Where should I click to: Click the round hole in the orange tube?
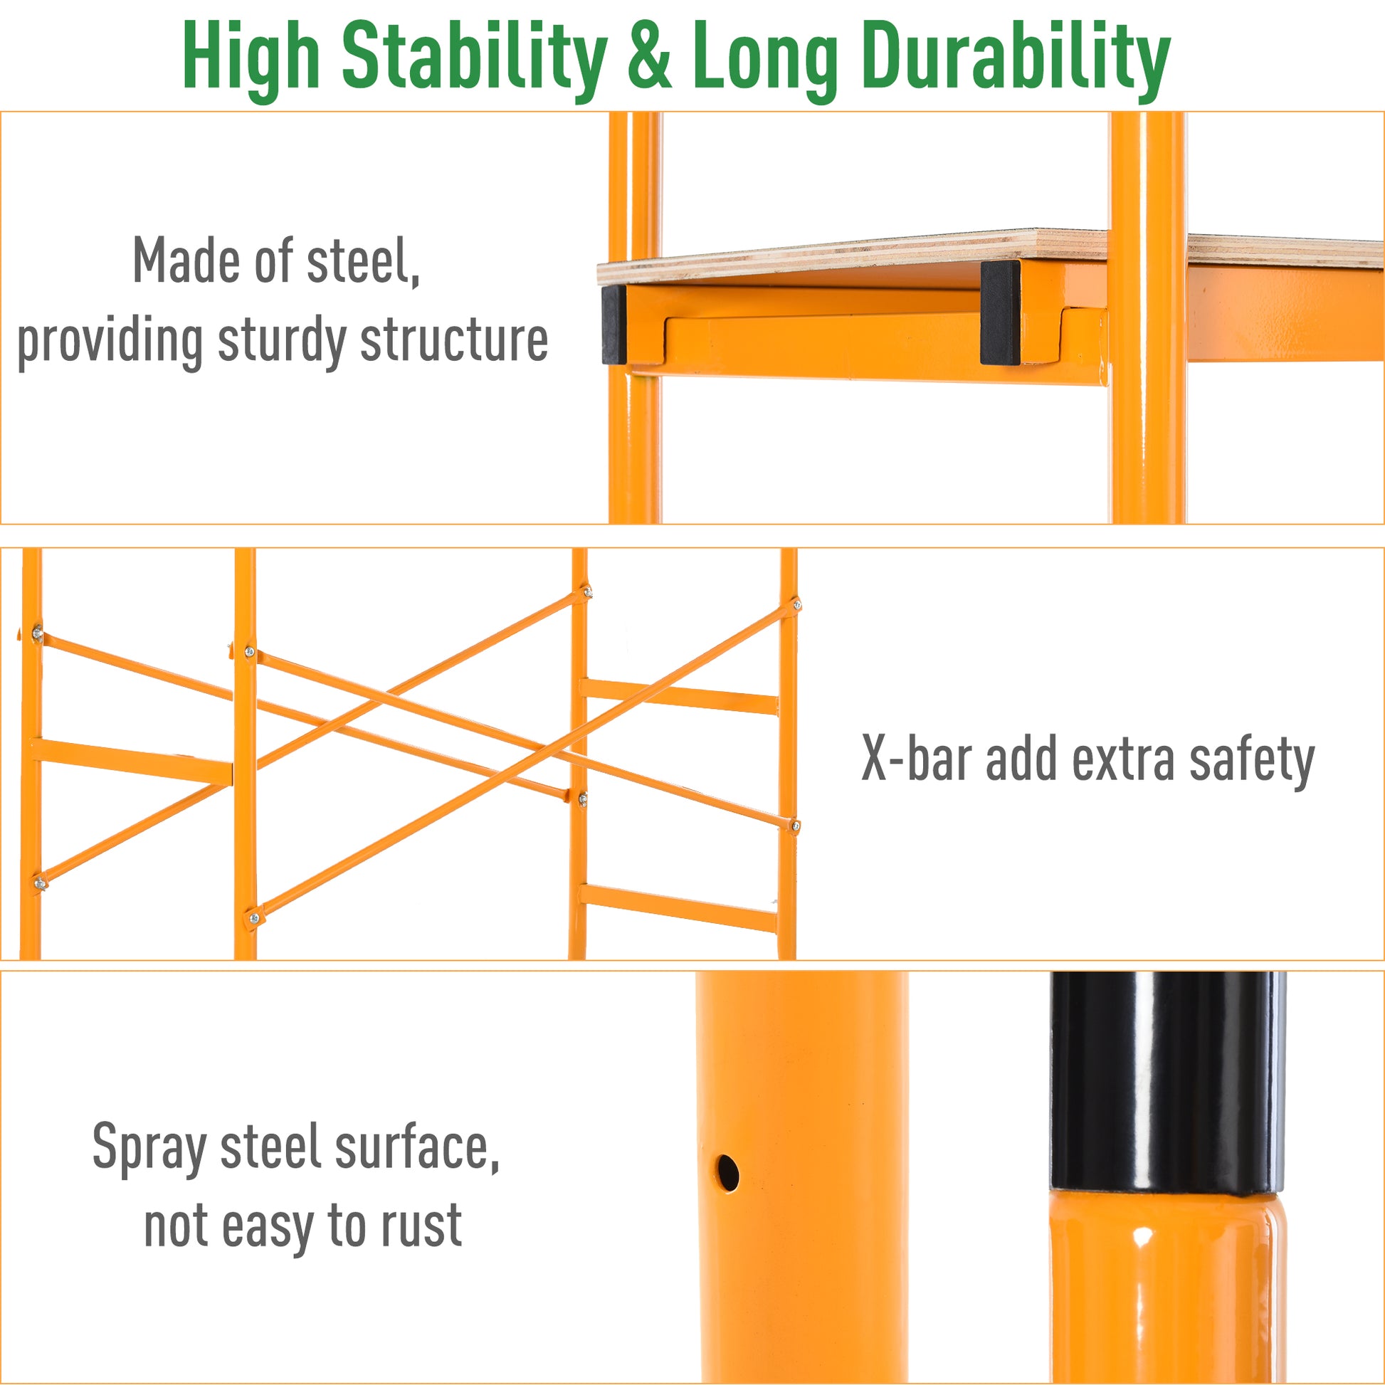pos(727,1174)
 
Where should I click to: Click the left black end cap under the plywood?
pos(613,324)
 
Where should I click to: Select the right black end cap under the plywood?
pos(1001,312)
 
